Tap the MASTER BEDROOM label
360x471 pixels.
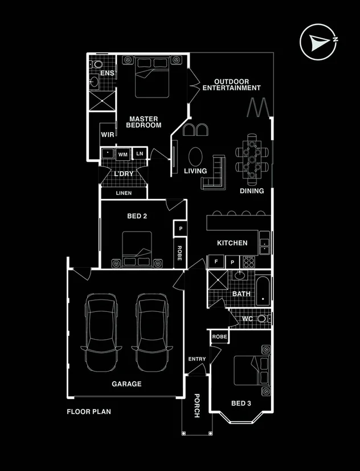pos(144,122)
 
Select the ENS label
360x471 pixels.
pos(107,74)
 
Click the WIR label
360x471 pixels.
pos(108,135)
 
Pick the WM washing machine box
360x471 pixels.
pos(122,155)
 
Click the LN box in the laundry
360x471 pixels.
pos(140,154)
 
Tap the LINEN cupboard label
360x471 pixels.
pos(124,193)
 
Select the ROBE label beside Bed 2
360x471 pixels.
pos(179,253)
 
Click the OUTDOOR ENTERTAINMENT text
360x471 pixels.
pos(231,85)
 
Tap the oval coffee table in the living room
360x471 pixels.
pos(195,156)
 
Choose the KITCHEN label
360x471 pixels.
pos(232,243)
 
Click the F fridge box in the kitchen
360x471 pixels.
pos(216,262)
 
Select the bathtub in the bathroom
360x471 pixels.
pos(263,290)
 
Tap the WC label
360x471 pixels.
pos(247,319)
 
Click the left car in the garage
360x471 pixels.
pos(103,331)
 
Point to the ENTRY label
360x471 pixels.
pos(197,359)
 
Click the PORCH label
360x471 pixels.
pos(197,405)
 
